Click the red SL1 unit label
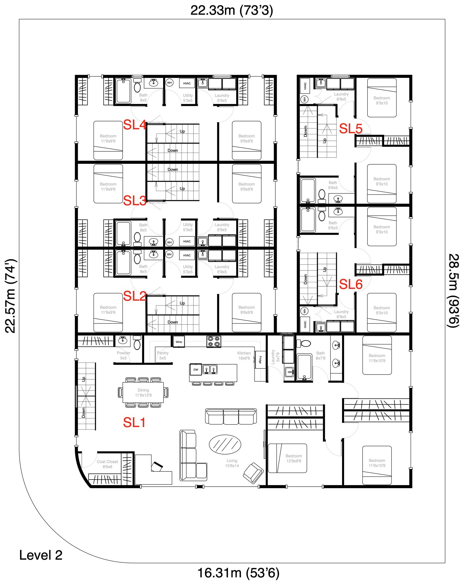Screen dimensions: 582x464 tap(134, 422)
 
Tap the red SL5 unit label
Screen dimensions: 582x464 tap(351, 128)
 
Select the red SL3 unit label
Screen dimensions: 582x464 tap(134, 201)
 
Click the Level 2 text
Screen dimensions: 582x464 tap(41, 555)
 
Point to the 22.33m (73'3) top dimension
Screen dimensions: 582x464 tap(232, 10)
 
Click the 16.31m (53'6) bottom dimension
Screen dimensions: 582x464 tap(238, 573)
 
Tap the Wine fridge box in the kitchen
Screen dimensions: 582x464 tap(179, 342)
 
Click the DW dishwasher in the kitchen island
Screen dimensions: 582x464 tap(196, 370)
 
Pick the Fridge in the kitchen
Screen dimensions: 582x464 tap(260, 360)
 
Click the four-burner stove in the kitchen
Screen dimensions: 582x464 tap(214, 341)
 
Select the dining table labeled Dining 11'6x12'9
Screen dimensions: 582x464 tap(143, 392)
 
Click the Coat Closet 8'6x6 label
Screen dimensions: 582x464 tap(107, 464)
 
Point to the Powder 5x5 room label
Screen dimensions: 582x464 tap(123, 355)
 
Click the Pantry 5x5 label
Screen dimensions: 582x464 tap(162, 355)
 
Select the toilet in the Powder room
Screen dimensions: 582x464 tap(137, 343)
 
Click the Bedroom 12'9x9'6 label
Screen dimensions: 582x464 tap(293, 458)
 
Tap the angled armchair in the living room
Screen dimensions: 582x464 tap(253, 473)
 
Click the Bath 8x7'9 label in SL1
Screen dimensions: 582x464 tap(320, 356)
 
